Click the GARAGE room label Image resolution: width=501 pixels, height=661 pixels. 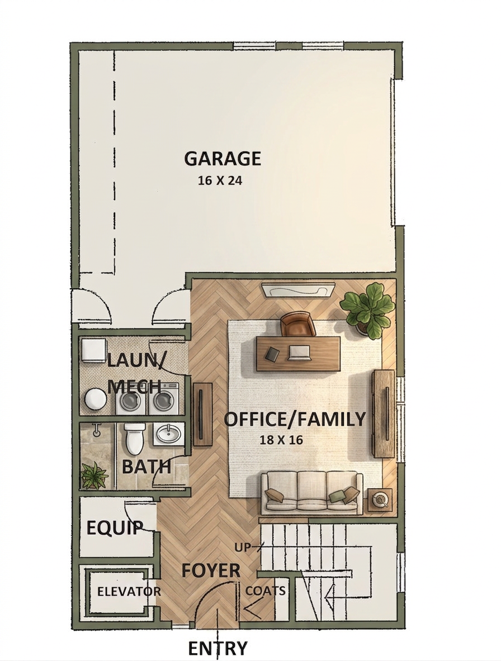(223, 159)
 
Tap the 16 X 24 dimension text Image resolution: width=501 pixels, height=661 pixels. (220, 181)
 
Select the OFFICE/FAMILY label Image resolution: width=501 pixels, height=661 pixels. (294, 420)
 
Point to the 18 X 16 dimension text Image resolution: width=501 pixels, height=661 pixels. (281, 440)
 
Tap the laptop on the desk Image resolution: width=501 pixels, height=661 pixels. (299, 353)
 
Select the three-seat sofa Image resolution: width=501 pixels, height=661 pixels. (311, 493)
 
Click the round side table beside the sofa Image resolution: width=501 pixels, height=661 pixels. (381, 500)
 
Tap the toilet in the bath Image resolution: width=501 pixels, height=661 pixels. (135, 439)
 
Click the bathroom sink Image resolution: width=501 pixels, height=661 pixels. (169, 434)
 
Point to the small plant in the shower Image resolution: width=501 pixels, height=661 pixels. (94, 475)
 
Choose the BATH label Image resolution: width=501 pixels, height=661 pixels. (146, 467)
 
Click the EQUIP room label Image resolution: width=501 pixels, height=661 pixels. (114, 527)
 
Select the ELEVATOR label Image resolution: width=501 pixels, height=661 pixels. (129, 592)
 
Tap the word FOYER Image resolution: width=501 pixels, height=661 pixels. (211, 570)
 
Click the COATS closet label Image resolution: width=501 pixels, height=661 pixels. (265, 591)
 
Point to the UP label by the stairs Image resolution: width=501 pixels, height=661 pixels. (243, 548)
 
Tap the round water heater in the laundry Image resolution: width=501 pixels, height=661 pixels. (96, 399)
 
